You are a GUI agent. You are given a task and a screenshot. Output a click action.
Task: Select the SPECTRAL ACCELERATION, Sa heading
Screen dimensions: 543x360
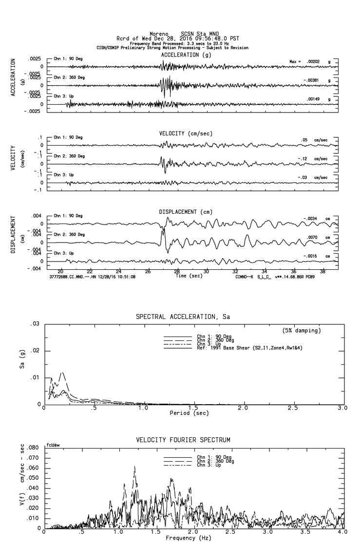pos(183,317)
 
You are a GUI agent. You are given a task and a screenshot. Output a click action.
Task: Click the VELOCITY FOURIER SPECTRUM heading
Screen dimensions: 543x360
pos(183,440)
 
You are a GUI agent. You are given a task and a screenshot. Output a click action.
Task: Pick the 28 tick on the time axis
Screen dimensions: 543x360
pos(177,271)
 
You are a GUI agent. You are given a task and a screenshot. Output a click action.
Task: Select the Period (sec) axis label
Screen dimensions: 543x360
pos(188,412)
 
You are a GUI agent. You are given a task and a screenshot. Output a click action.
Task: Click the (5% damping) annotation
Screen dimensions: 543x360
pos(302,331)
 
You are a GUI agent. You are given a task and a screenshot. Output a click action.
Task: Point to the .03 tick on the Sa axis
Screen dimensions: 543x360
pos(35,324)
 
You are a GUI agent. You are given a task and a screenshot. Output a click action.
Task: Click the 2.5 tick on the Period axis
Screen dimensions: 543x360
pos(293,408)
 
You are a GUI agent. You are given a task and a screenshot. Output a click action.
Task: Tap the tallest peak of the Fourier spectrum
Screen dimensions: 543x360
pos(134,467)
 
